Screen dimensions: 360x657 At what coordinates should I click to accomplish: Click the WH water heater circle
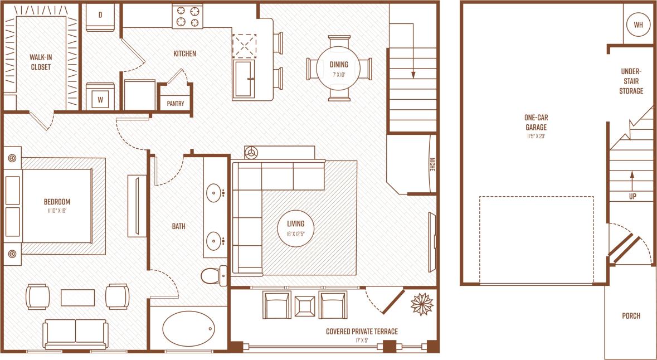(x=637, y=25)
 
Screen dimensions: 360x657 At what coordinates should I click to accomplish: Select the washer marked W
(x=100, y=98)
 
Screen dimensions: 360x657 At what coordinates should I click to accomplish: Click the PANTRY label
(x=175, y=103)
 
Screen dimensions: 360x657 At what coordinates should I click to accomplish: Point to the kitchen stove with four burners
(x=187, y=16)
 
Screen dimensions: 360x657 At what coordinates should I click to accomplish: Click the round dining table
(x=339, y=68)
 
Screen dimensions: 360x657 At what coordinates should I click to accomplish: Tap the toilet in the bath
(x=213, y=275)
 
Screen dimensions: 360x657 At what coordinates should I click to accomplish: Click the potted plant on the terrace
(x=422, y=304)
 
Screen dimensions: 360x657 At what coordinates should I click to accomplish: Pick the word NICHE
(x=432, y=165)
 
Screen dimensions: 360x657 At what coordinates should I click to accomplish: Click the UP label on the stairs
(x=632, y=196)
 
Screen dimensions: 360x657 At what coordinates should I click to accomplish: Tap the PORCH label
(x=631, y=316)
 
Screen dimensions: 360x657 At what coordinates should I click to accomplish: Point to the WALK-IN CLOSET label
(x=40, y=62)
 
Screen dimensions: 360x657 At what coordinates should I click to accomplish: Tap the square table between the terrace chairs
(x=305, y=305)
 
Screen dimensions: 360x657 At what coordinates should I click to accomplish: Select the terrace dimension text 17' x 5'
(x=362, y=340)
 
